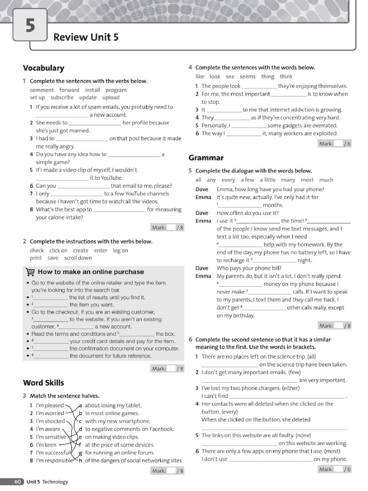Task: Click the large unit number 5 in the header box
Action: pyautogui.click(x=30, y=25)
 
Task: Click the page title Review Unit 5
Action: pyautogui.click(x=86, y=37)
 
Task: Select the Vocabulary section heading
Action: pyautogui.click(x=43, y=68)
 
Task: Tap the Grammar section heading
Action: pyautogui.click(x=206, y=158)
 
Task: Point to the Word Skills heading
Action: pyautogui.click(x=43, y=383)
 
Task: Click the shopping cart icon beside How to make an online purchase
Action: pyautogui.click(x=30, y=272)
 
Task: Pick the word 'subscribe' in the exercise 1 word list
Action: pyautogui.click(x=62, y=97)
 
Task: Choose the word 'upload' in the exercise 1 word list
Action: pyautogui.click(x=111, y=97)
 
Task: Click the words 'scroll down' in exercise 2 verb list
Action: pyautogui.click(x=78, y=258)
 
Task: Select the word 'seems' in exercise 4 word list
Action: pyautogui.click(x=247, y=77)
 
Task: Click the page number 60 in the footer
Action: pyautogui.click(x=17, y=481)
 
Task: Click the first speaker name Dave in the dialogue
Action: pyautogui.click(x=202, y=189)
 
